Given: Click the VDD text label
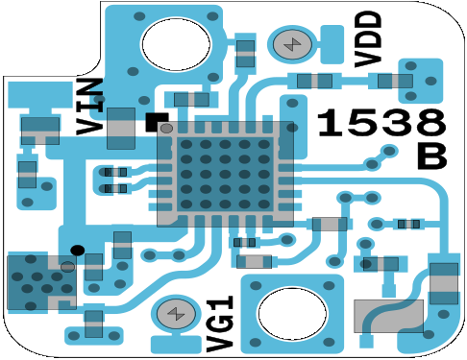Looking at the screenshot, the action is point(368,39).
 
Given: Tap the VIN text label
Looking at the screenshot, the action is point(90,107).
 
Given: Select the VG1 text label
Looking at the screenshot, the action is point(220,324).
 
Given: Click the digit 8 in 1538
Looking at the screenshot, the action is point(430,123).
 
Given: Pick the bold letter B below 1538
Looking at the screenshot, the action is point(431,156).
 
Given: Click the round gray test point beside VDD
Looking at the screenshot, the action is point(292,44).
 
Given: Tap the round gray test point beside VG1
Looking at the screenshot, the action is point(176,314).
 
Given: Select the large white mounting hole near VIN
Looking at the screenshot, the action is point(176,44).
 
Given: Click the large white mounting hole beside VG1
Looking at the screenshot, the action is point(292,313).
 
